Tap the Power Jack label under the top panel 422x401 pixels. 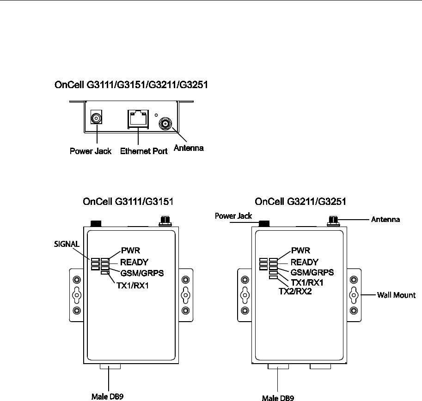click(90, 151)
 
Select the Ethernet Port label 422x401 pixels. click(143, 151)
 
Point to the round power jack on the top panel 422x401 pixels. click(96, 119)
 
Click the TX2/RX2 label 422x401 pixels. click(295, 292)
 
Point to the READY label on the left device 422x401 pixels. click(134, 263)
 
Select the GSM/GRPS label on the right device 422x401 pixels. click(312, 272)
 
